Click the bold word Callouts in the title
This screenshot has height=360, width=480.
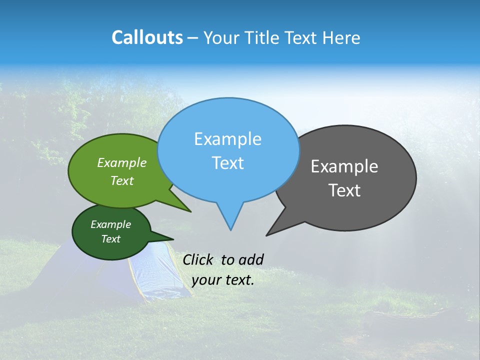pyautogui.click(x=147, y=38)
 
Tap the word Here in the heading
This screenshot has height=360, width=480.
pyautogui.click(x=342, y=38)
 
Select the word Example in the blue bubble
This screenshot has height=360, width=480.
pyautogui.click(x=227, y=139)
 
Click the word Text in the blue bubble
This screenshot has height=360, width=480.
pyautogui.click(x=227, y=163)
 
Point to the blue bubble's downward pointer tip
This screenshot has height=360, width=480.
pyautogui.click(x=230, y=229)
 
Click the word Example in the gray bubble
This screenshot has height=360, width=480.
pyautogui.click(x=344, y=166)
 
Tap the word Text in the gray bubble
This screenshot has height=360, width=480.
pyautogui.click(x=344, y=190)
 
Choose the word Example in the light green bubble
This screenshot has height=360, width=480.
pyautogui.click(x=122, y=163)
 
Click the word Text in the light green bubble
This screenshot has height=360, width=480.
pyautogui.click(x=122, y=180)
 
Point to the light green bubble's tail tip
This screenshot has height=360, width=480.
pyautogui.click(x=190, y=211)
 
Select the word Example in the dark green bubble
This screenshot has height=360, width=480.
pyautogui.click(x=110, y=224)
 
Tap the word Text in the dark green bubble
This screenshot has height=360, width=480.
pyautogui.click(x=110, y=239)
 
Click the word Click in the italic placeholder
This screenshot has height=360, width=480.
pyautogui.click(x=199, y=259)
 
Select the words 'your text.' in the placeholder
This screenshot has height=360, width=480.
pyautogui.click(x=223, y=280)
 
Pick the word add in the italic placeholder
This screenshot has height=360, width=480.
pyautogui.click(x=250, y=259)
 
